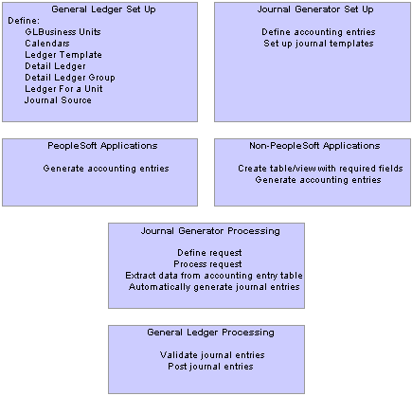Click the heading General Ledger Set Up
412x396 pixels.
(103, 9)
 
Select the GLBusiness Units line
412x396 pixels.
(63, 32)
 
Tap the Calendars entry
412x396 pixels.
(47, 44)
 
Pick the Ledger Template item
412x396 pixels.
(63, 55)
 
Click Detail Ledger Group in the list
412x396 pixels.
(70, 78)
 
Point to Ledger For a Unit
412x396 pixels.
(63, 89)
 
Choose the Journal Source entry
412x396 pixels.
(58, 100)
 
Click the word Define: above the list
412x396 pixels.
(24, 21)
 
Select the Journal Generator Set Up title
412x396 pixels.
(315, 9)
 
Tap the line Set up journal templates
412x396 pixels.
(318, 44)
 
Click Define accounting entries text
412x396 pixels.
(318, 32)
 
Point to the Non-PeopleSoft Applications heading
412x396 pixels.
(314, 146)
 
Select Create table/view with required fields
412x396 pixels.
(320, 169)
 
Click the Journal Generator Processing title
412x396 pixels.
(210, 231)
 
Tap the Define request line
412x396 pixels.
(209, 253)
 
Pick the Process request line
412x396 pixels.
(207, 264)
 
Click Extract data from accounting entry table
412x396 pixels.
(214, 276)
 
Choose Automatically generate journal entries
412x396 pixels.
(214, 287)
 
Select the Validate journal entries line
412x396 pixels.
(212, 355)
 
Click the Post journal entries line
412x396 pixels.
(210, 367)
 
